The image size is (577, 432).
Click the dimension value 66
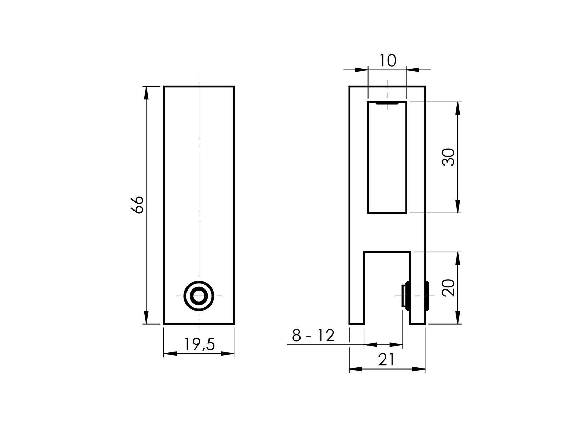pos(137,205)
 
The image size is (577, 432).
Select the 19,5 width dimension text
pos(199,344)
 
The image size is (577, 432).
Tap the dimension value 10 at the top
pos(387,61)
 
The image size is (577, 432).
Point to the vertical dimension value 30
pos(449,157)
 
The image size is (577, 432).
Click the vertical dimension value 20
pos(449,288)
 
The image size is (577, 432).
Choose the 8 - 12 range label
pos(313,336)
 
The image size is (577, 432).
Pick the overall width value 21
pos(386,360)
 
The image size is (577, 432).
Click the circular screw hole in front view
pos(199,296)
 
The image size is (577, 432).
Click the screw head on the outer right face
pos(427,296)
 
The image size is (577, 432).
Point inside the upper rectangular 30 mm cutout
pos(387,158)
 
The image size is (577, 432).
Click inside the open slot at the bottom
pos(387,288)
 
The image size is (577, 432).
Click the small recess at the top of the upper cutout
pos(387,103)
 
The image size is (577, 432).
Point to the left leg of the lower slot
pos(357,288)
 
